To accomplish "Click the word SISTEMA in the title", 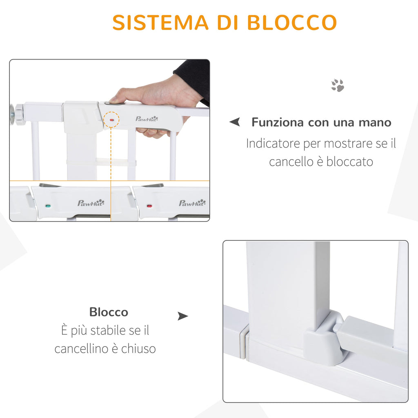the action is (160, 22).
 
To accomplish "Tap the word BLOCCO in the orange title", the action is (292, 22).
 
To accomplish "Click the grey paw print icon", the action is (338, 85).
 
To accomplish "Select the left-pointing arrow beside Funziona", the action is (235, 122).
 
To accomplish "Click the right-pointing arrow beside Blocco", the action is (183, 316).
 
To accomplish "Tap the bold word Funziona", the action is (278, 122).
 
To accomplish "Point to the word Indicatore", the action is (273, 143).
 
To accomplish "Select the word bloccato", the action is (349, 162).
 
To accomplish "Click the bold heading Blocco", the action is (109, 312).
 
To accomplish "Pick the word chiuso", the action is (138, 349).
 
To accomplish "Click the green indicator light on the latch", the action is (48, 206).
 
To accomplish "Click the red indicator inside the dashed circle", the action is (112, 120).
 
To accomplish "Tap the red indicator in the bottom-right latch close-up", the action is (149, 206).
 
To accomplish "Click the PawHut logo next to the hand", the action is (147, 119).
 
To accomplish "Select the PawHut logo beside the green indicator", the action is (91, 203).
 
